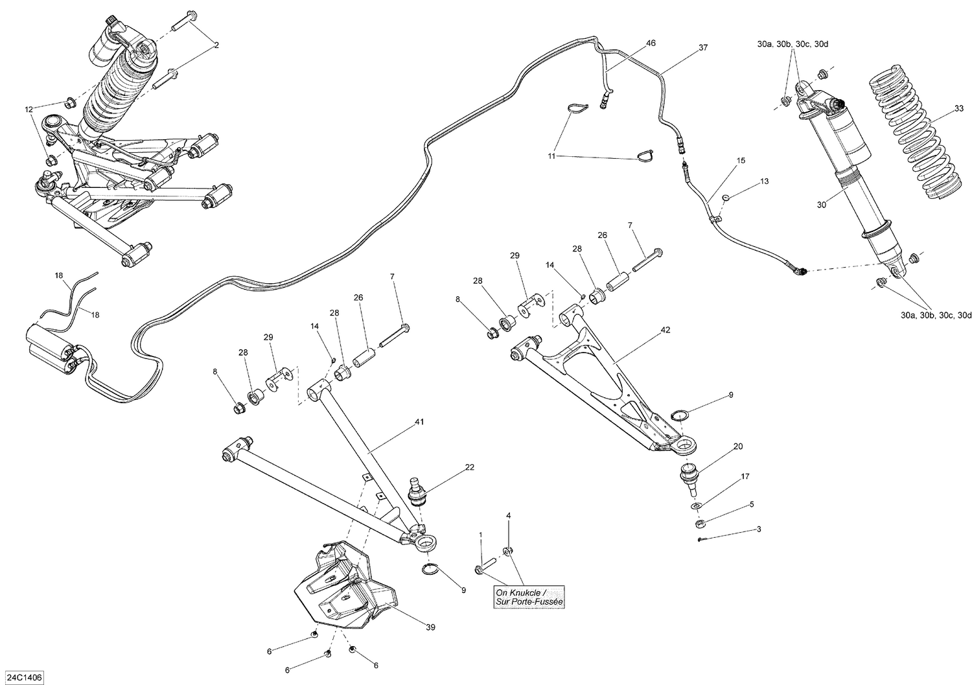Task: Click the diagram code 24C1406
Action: (23, 676)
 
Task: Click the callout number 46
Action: (651, 43)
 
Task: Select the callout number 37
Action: (703, 47)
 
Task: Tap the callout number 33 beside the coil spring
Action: (959, 109)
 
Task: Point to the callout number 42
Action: (665, 330)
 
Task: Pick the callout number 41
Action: (419, 421)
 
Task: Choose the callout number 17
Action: (745, 477)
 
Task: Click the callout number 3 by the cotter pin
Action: (759, 529)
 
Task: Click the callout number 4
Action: (509, 515)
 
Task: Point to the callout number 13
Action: (764, 181)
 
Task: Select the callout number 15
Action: (741, 160)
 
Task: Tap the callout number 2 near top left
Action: (216, 45)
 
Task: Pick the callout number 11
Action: (551, 156)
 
